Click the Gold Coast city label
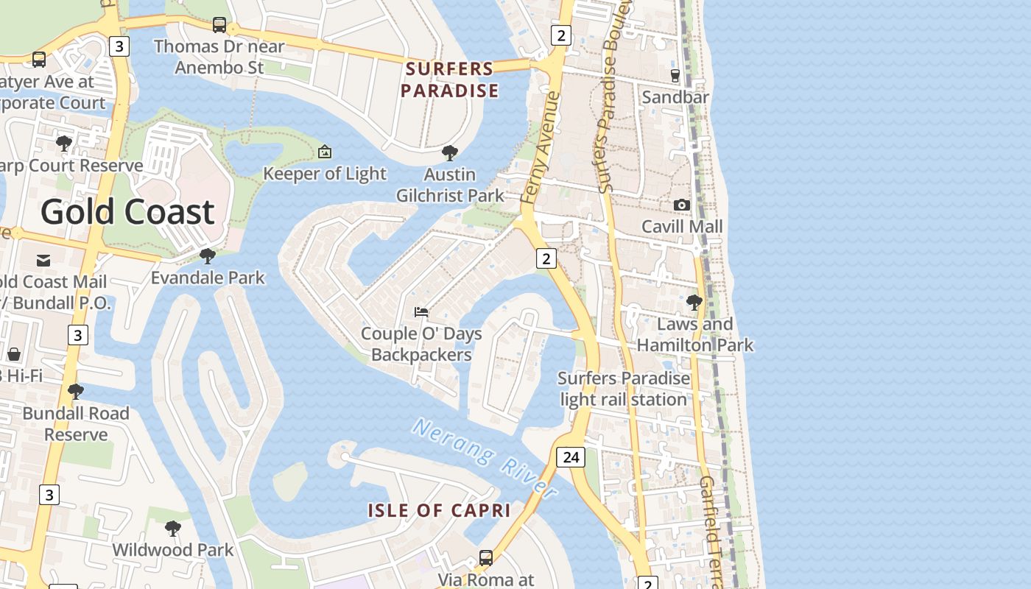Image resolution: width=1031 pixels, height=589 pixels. [127, 212]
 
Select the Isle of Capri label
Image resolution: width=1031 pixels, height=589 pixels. [439, 510]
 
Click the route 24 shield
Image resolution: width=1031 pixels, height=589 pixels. [571, 457]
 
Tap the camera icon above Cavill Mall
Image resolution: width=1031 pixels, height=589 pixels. [682, 205]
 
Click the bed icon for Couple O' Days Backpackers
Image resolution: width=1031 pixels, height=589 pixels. [421, 312]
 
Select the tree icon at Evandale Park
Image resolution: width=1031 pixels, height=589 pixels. [208, 256]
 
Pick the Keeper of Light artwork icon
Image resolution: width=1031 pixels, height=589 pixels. [324, 152]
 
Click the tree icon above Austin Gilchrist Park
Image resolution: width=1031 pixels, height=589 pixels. [449, 153]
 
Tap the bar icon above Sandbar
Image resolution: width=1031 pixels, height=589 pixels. [675, 75]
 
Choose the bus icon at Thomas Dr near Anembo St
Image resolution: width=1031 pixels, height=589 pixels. [219, 25]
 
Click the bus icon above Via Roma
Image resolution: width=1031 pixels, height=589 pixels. [486, 557]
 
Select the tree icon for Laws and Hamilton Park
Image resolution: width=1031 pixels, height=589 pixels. [694, 302]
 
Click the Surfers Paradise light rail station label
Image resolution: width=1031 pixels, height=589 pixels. [624, 389]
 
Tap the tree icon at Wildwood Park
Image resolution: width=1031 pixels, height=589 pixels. [172, 528]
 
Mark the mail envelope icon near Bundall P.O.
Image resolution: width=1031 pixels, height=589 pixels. [43, 260]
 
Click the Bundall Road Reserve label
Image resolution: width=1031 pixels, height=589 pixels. [76, 423]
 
